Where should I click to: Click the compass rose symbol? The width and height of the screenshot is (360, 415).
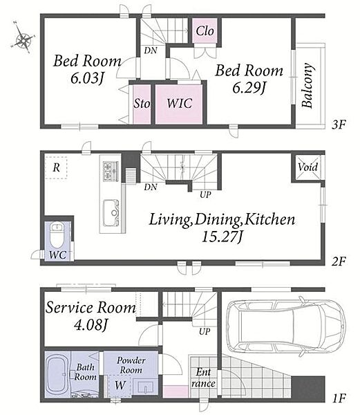[x=23, y=37]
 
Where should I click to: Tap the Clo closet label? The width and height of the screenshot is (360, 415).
[x=205, y=31]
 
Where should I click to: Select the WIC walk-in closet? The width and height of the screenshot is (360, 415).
[x=179, y=104]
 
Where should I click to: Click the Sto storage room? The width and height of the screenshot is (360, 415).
[x=142, y=104]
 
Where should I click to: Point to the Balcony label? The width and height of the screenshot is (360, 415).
[x=307, y=85]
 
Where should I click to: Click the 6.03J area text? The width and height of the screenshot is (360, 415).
[x=86, y=78]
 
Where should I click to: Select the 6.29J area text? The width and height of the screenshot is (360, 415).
[x=249, y=87]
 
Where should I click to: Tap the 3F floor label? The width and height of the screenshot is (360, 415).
[x=339, y=124]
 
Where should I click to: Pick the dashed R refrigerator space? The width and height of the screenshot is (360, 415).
[x=56, y=168]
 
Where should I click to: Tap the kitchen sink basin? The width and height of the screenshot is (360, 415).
[x=111, y=213]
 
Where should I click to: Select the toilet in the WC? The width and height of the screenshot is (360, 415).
[x=57, y=234]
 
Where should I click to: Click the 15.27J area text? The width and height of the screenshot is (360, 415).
[x=222, y=237]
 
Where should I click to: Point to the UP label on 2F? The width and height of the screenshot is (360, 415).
[x=205, y=195]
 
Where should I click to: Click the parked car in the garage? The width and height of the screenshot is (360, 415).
[x=286, y=326]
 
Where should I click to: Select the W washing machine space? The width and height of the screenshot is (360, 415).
[x=120, y=385]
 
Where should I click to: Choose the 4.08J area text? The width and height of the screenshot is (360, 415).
[x=91, y=324]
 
